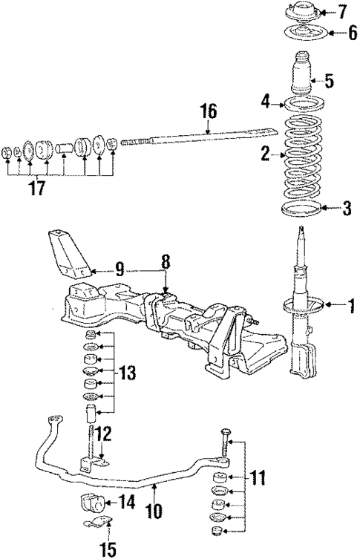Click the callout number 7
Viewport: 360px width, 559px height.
point(342,12)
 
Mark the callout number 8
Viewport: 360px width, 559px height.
point(166,262)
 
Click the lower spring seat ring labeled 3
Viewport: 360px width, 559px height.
point(304,208)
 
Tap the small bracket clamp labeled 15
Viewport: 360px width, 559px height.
point(94,526)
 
